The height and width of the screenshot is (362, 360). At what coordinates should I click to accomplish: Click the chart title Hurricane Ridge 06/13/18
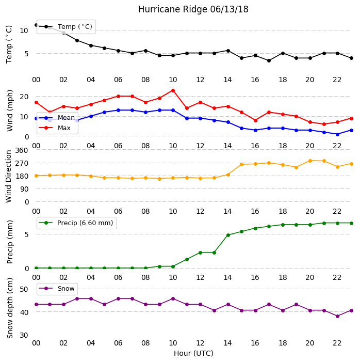click(193, 9)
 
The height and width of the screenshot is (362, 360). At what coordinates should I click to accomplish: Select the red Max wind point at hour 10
click(173, 91)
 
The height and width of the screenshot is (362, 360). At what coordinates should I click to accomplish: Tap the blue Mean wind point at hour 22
click(338, 134)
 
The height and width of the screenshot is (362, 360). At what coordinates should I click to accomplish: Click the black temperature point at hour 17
click(269, 61)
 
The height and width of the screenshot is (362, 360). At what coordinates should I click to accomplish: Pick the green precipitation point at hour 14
click(228, 235)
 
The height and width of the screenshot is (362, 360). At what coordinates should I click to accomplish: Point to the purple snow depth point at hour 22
click(338, 316)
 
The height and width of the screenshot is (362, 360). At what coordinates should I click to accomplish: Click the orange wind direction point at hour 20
click(310, 161)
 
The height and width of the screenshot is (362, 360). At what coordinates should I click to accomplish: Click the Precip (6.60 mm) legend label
click(85, 223)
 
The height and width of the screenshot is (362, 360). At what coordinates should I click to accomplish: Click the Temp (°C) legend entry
click(66, 27)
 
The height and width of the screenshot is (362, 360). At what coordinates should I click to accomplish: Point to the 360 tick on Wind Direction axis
click(22, 150)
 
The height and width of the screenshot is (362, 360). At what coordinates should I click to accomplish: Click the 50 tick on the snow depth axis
click(24, 289)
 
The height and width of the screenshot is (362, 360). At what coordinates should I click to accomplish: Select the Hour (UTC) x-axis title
click(193, 353)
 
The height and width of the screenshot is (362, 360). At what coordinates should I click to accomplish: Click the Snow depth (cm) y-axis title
click(10, 308)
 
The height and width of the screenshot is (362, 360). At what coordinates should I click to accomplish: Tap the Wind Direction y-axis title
click(9, 177)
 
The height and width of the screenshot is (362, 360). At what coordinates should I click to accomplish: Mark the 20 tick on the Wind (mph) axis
click(24, 97)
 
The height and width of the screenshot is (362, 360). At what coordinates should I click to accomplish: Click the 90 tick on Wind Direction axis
click(24, 190)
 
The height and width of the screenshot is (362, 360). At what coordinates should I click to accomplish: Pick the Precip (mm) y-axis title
click(10, 242)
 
